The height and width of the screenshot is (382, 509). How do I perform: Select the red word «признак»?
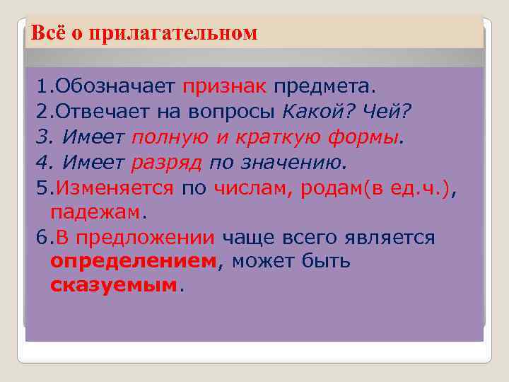224,87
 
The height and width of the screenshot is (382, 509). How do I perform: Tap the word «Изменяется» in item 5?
114,187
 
